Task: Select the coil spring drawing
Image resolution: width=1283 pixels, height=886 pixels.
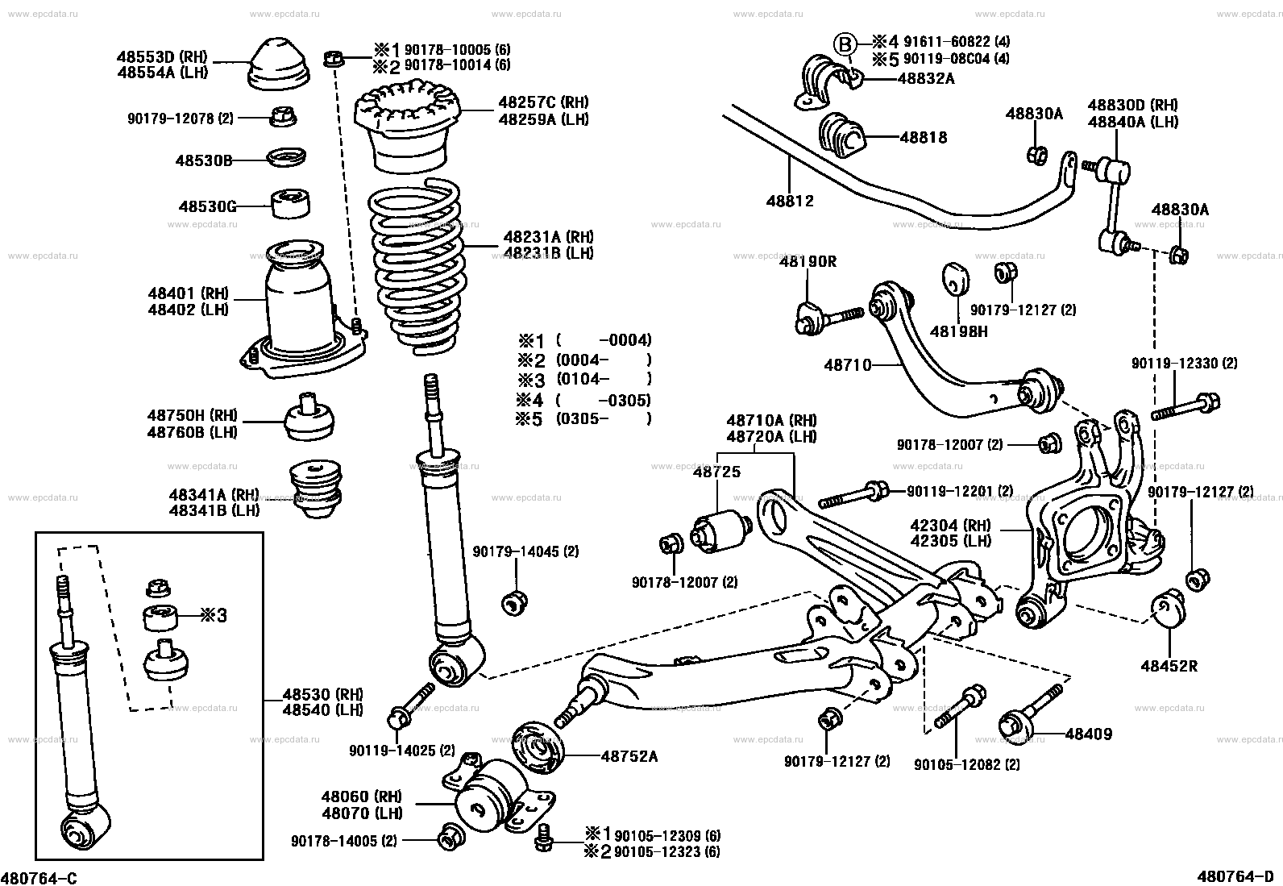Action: point(416,266)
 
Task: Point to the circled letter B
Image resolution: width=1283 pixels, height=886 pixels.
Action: point(843,44)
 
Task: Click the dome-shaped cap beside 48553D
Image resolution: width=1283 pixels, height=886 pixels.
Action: point(276,64)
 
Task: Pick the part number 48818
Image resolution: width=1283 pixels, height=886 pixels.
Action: point(923,137)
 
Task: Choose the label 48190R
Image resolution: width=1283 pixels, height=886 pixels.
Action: point(808,261)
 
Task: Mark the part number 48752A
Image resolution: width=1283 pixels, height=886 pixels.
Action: point(629,756)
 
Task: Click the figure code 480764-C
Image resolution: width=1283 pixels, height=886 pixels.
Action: point(40,876)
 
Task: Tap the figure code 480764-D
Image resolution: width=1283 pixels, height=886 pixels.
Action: point(1237,876)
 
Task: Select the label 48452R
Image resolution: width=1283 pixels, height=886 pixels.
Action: point(1169,666)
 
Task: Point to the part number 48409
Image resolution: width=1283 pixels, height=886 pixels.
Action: point(1088,734)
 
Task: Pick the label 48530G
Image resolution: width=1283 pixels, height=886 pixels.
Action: point(207,206)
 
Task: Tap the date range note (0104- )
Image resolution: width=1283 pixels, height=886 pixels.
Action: point(604,380)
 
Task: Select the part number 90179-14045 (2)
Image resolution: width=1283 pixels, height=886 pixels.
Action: point(525,551)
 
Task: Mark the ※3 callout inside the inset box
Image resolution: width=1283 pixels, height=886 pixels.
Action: point(214,616)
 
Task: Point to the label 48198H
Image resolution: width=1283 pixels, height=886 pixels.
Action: point(958,331)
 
